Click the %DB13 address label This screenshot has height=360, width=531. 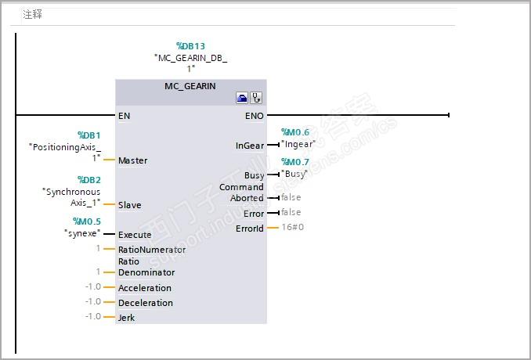pyautogui.click(x=190, y=46)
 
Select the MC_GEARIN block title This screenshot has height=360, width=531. pyautogui.click(x=190, y=86)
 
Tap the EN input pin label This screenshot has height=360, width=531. pyautogui.click(x=124, y=116)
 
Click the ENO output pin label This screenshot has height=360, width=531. pyautogui.click(x=255, y=116)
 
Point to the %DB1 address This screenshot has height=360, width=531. pyautogui.click(x=89, y=135)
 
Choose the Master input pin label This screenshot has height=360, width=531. pyautogui.click(x=133, y=160)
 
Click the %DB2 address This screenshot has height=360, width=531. pyautogui.click(x=89, y=180)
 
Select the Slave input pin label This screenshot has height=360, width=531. pyautogui.click(x=130, y=205)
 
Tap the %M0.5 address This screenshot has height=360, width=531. pyautogui.click(x=87, y=221)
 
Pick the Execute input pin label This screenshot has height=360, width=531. pyautogui.click(x=135, y=235)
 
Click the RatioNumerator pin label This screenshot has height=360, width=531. pyautogui.click(x=152, y=250)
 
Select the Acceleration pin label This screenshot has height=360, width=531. pyautogui.click(x=144, y=288)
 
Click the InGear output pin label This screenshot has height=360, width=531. pyautogui.click(x=250, y=146)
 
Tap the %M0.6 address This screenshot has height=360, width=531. pyautogui.click(x=295, y=132)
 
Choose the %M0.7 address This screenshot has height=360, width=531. pyautogui.click(x=295, y=162)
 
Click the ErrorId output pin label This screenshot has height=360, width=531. pyautogui.click(x=250, y=229)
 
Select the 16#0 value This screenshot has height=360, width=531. pyautogui.click(x=292, y=227)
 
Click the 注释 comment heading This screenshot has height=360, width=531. pyautogui.click(x=32, y=14)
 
